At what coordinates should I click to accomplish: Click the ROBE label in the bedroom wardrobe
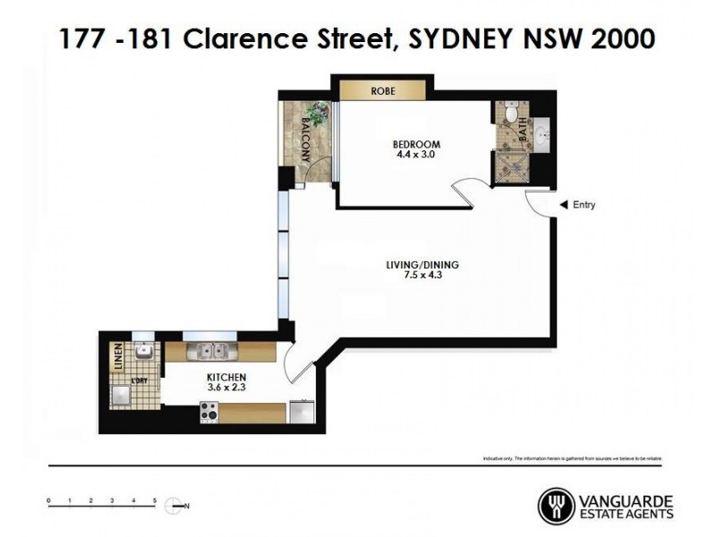tap(382, 91)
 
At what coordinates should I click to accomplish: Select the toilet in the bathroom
tap(510, 114)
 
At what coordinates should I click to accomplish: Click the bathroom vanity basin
tap(542, 137)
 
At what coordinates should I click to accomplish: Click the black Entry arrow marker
tap(563, 205)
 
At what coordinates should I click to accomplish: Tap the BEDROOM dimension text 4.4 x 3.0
tap(416, 154)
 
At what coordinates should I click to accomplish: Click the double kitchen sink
tap(212, 351)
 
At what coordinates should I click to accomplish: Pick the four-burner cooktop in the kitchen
tap(210, 413)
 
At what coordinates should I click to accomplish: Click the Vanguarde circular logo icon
tap(556, 506)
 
